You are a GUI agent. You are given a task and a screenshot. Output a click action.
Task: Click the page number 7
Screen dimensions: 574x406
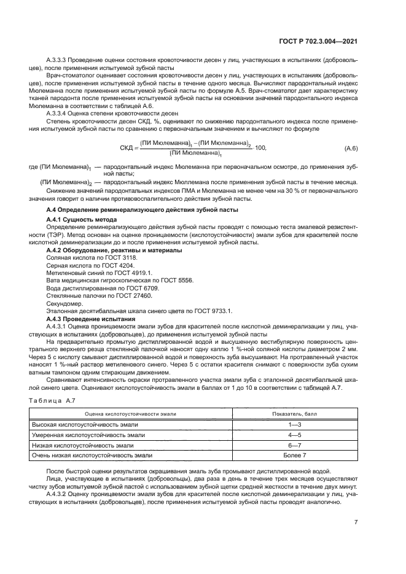tap(356, 522)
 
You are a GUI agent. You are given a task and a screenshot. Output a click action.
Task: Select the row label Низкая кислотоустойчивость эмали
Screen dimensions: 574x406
tap(82, 445)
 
